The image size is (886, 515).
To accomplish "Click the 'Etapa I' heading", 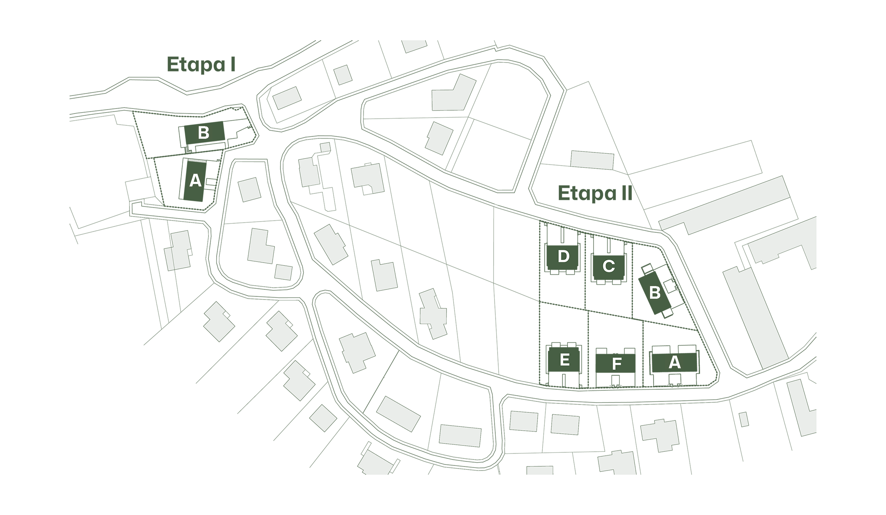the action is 201,65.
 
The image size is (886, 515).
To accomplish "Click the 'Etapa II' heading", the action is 595,193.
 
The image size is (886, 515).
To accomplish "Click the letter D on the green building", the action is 563,256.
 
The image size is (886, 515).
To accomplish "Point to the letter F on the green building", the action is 616,364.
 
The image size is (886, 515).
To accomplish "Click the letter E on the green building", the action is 564,360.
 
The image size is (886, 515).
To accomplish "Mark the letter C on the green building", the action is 609,266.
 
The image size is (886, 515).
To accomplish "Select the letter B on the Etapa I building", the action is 204,133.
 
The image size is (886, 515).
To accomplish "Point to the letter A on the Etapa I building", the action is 195,181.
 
